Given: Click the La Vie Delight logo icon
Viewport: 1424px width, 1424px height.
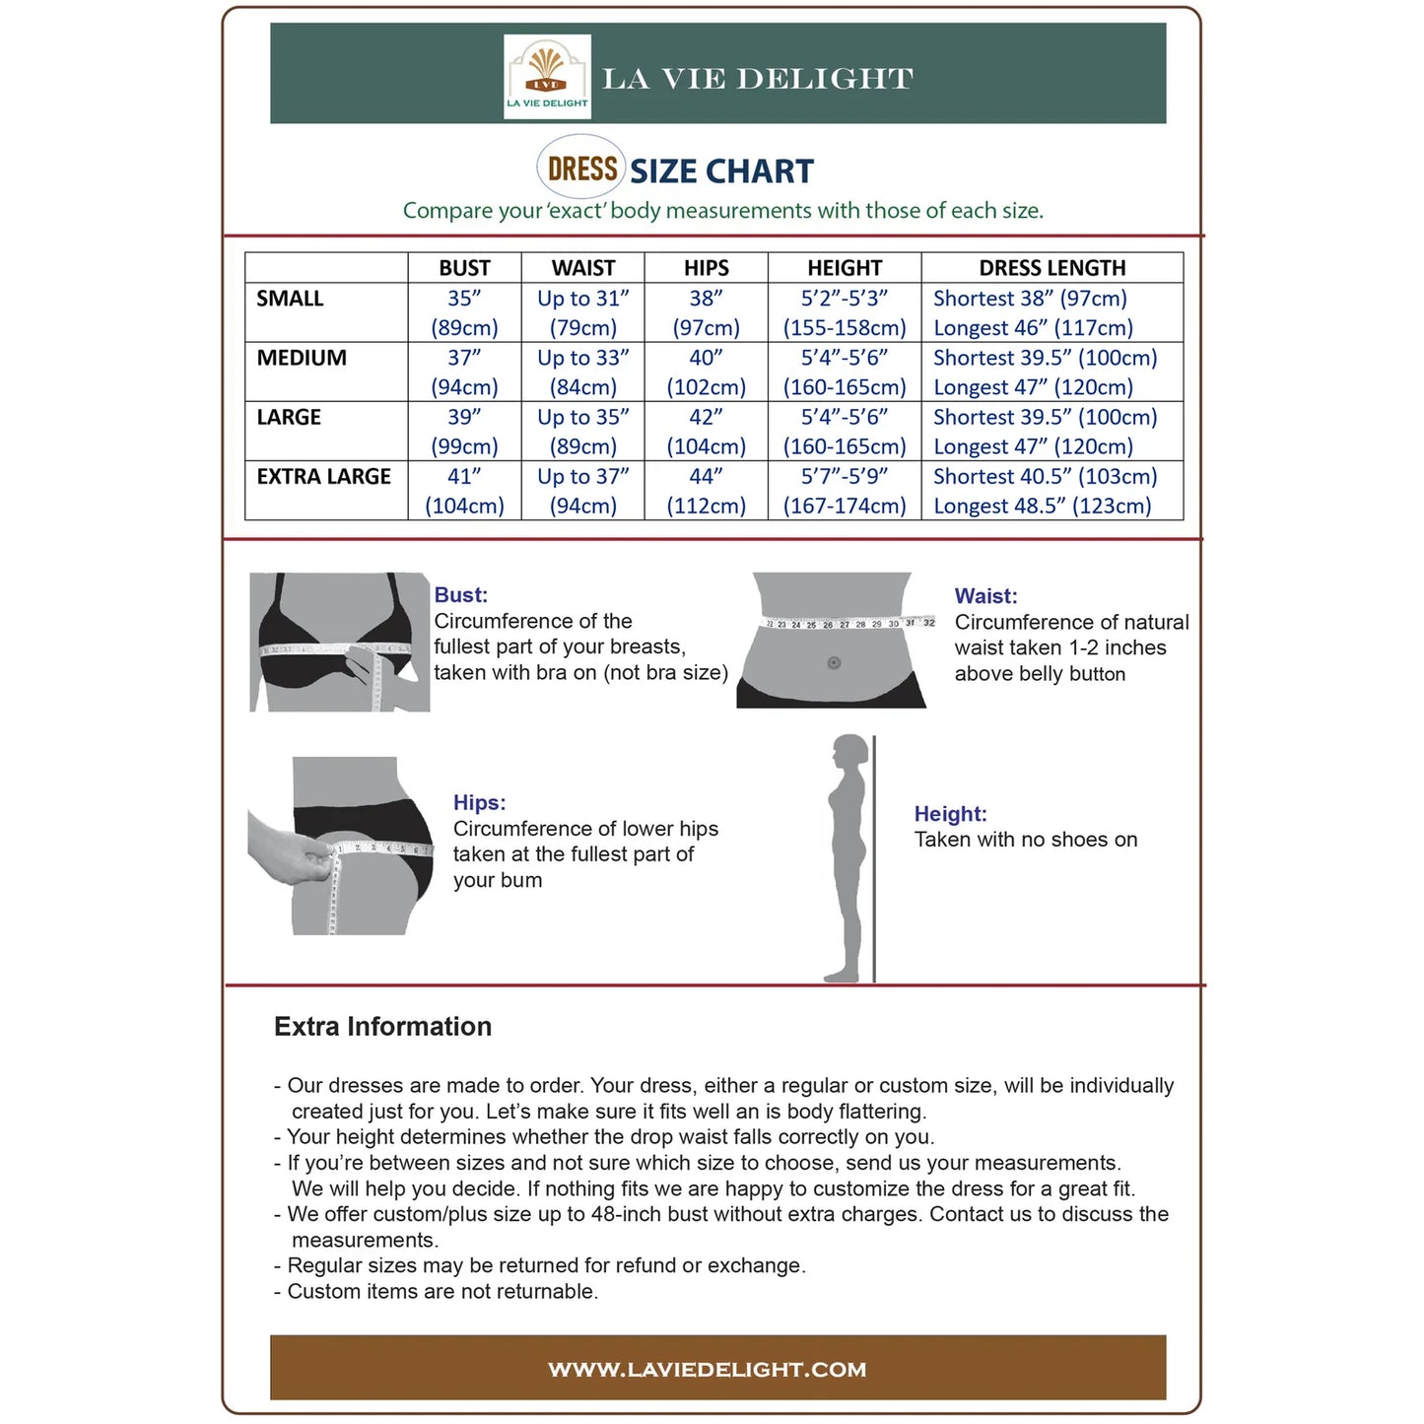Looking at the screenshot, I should (x=547, y=76).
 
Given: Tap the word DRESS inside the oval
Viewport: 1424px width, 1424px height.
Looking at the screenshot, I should (x=582, y=170).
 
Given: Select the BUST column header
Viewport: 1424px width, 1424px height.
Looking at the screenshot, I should (x=464, y=268).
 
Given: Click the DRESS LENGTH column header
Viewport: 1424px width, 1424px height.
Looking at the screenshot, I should (x=1051, y=268).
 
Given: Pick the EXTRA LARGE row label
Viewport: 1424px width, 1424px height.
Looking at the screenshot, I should (x=324, y=477).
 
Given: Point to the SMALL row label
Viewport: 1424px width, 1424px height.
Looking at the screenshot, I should (x=290, y=299).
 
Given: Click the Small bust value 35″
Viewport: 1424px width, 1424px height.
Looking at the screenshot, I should (x=464, y=299).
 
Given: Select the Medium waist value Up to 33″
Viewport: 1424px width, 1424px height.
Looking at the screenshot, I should (x=582, y=358).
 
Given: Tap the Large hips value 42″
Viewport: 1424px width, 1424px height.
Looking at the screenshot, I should (x=706, y=417).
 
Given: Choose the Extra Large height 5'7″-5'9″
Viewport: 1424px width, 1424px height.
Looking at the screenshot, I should (x=845, y=477).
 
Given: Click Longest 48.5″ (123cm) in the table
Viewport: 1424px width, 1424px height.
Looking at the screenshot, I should (x=1042, y=507).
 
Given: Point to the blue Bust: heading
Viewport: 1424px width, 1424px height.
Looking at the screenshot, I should (x=460, y=595).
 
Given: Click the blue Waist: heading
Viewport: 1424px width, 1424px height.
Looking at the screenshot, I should (x=985, y=596).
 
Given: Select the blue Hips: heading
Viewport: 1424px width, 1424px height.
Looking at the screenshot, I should (x=479, y=803).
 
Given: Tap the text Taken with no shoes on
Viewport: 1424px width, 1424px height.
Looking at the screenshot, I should (x=1026, y=840).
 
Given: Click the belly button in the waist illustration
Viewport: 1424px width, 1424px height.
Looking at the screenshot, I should (x=834, y=663).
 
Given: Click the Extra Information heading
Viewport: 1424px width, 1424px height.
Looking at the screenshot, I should (x=382, y=1027).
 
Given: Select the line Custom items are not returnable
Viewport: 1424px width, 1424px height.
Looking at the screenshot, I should (x=442, y=1292).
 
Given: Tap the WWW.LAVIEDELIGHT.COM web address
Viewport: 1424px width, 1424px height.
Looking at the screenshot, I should (x=708, y=1370).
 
